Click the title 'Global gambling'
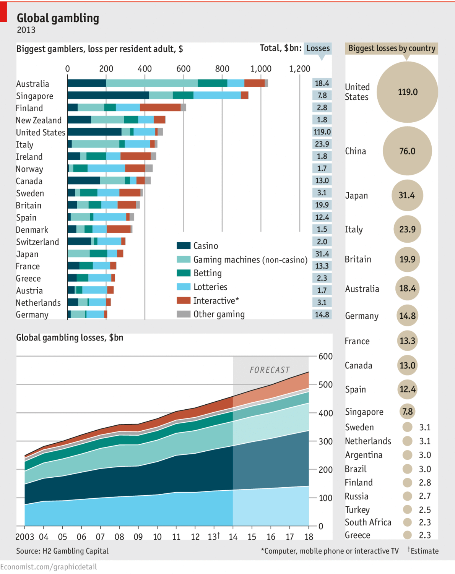(58, 18)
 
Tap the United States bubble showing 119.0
(407, 92)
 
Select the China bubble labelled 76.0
(407, 151)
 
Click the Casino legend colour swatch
(184, 245)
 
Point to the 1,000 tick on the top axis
(261, 69)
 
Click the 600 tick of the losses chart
(325, 357)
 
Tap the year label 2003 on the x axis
(24, 537)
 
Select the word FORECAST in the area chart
(270, 370)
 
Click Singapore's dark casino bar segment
(108, 96)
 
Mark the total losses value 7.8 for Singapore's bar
(322, 96)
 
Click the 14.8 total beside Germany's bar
(322, 315)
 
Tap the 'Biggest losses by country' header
(392, 49)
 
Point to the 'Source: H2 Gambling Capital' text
(62, 551)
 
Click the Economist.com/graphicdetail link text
(49, 567)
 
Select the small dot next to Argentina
(408, 455)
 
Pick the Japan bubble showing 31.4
(407, 196)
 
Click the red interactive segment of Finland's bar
(160, 108)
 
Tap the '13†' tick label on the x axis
(214, 537)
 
